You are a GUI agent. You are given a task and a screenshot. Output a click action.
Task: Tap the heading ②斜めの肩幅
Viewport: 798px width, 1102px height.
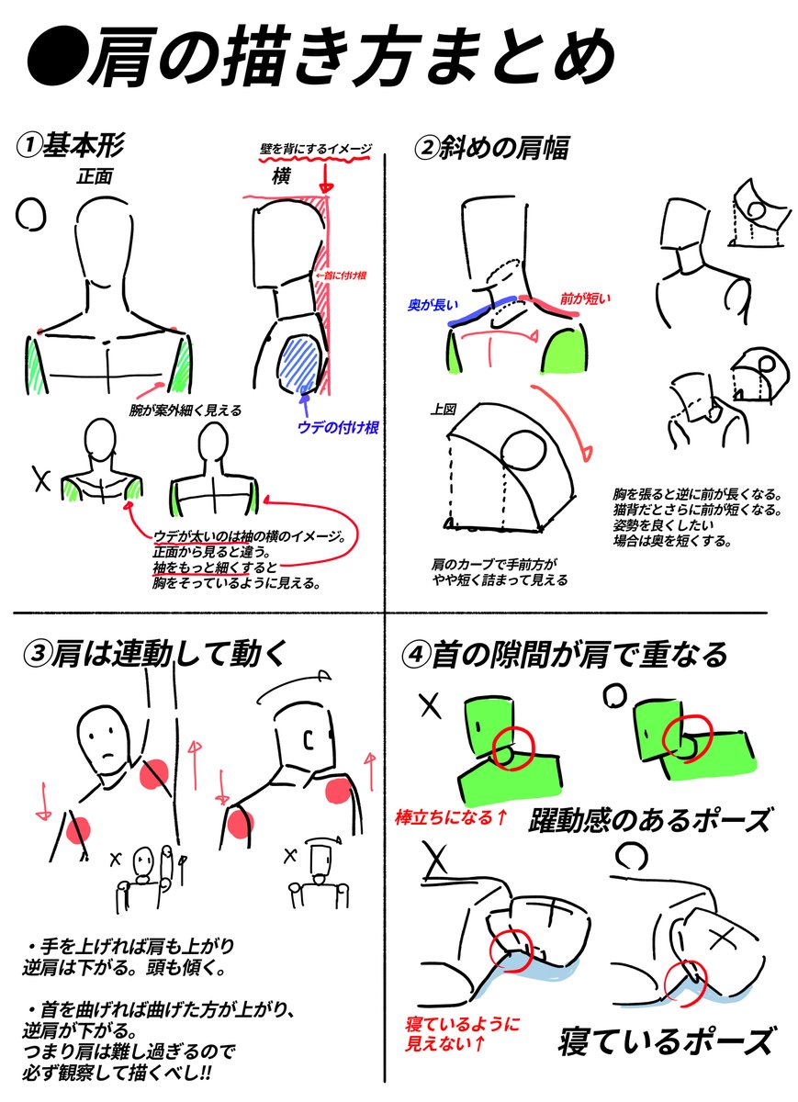click(491, 148)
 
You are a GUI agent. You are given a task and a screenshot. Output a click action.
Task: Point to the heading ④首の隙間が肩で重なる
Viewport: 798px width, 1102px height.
click(565, 654)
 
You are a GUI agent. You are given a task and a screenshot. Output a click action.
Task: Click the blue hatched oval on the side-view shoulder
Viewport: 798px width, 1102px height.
click(298, 364)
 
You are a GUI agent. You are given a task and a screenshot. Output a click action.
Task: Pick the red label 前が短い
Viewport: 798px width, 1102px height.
click(585, 298)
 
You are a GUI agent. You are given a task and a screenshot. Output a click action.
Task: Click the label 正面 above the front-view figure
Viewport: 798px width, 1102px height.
click(95, 177)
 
